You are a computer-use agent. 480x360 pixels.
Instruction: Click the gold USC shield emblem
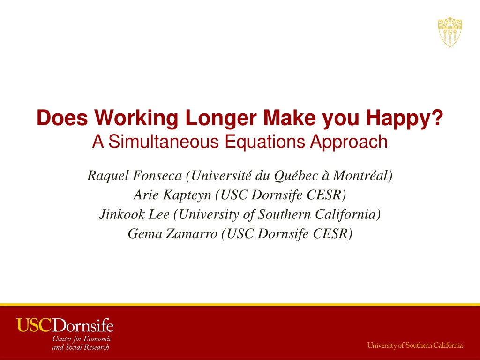(x=450, y=32)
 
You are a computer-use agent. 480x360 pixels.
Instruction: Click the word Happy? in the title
(x=405, y=118)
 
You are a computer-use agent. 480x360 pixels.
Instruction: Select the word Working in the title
(x=136, y=118)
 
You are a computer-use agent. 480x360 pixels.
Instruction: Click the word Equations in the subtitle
(x=265, y=142)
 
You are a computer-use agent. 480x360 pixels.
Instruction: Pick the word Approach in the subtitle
(x=349, y=142)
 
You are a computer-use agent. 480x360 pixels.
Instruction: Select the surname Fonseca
(x=157, y=176)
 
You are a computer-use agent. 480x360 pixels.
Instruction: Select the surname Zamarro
(x=192, y=233)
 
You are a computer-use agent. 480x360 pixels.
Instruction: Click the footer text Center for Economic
(x=82, y=339)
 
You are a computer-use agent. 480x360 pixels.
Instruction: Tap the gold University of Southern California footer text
(x=415, y=345)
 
